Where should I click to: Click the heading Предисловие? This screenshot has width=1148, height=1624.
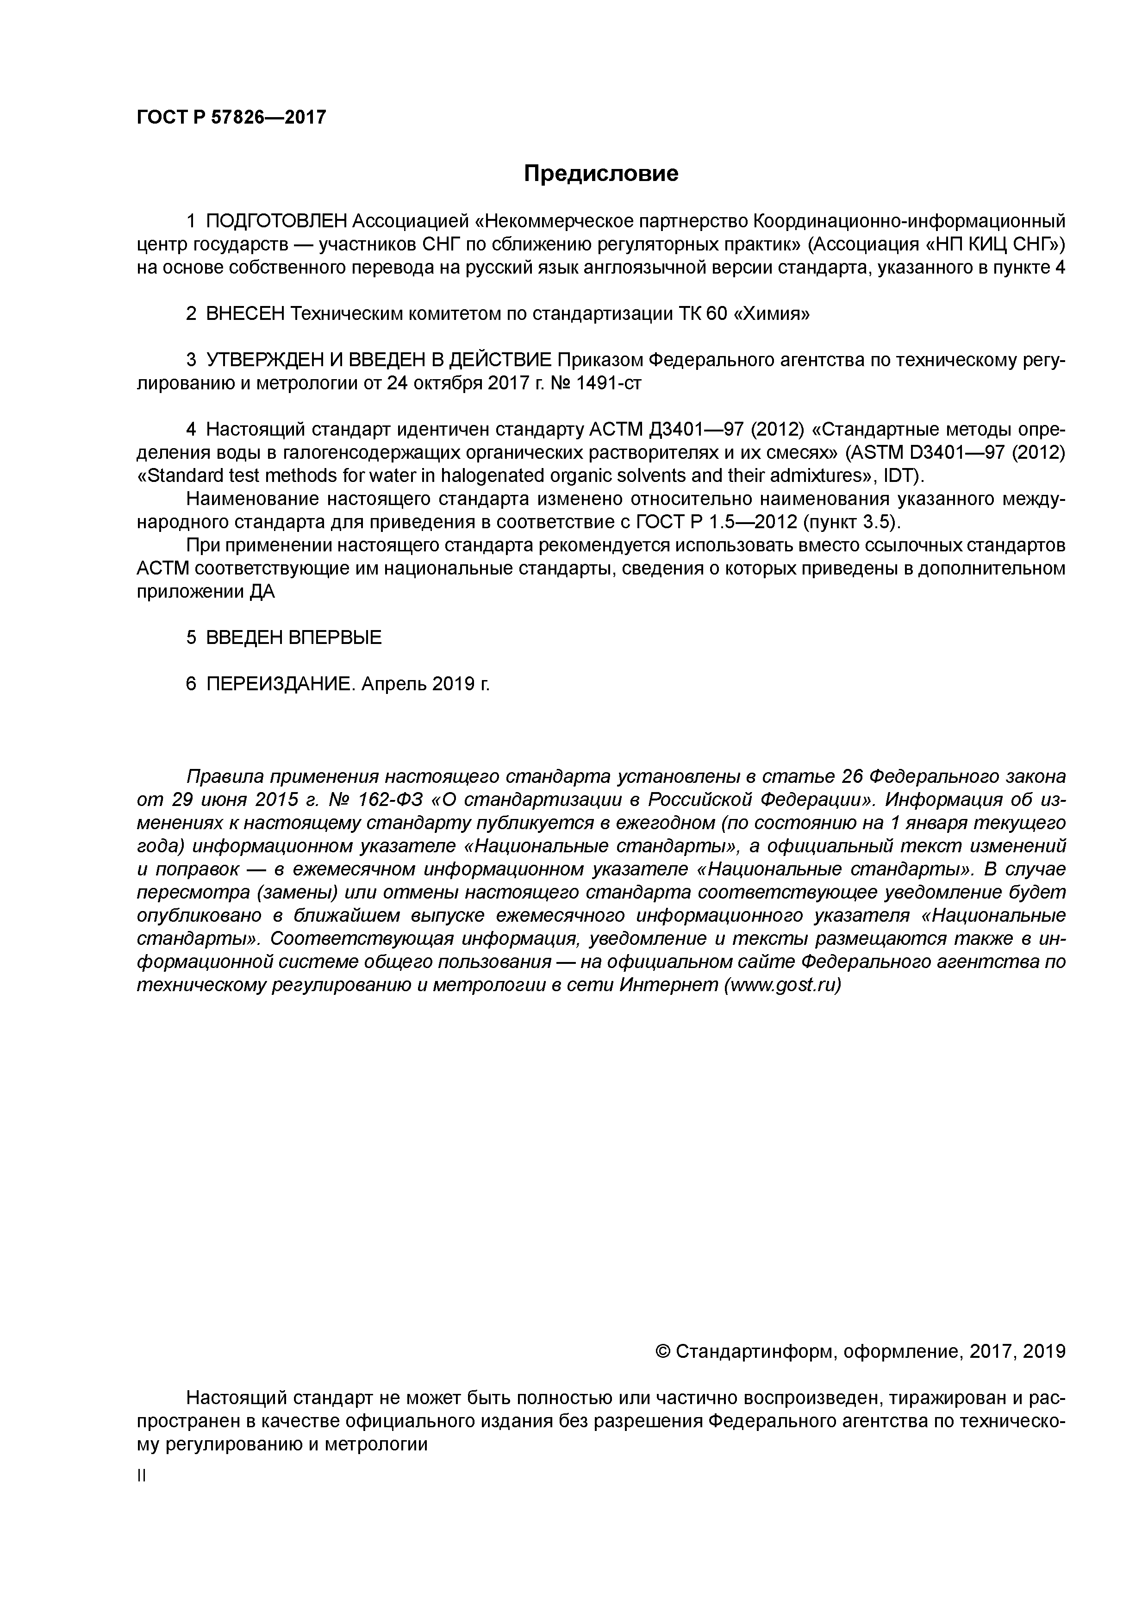[x=600, y=173]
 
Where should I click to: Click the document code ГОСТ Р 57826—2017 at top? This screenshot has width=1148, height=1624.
[x=231, y=117]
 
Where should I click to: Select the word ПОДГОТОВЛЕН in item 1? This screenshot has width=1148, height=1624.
[x=276, y=221]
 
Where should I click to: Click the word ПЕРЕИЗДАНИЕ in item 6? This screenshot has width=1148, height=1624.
[x=280, y=684]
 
